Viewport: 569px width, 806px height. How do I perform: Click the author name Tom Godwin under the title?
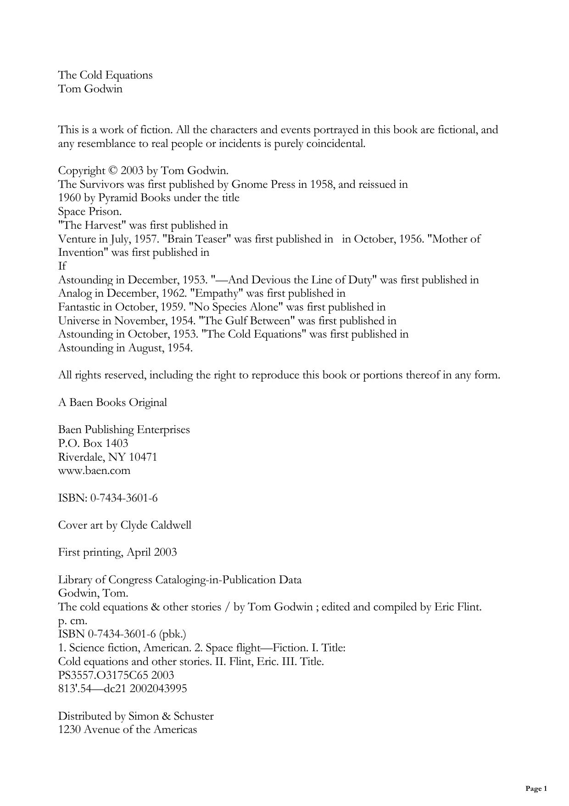tap(90, 89)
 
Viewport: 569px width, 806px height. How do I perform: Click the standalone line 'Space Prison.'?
tap(89, 212)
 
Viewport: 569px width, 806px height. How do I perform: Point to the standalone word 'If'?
tap(62, 266)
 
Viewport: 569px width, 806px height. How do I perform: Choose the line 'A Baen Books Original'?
tap(112, 403)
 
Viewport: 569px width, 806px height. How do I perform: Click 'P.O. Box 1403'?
tap(93, 444)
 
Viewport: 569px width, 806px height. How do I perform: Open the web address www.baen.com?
tap(94, 471)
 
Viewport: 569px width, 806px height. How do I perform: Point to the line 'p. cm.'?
tap(73, 621)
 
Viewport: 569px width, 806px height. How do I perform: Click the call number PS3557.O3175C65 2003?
tap(116, 676)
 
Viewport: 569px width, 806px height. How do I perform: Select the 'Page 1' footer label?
tap(536, 789)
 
